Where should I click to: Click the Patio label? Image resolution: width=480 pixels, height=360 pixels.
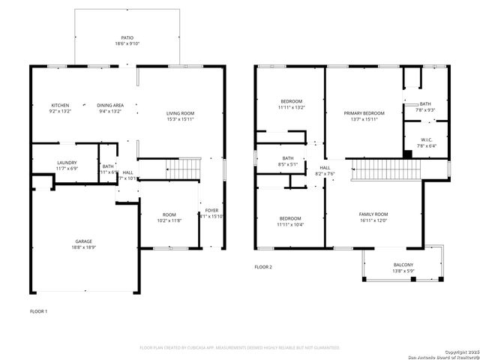[127, 37]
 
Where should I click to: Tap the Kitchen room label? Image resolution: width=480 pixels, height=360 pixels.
[60, 104]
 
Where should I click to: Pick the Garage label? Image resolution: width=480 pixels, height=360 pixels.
[83, 241]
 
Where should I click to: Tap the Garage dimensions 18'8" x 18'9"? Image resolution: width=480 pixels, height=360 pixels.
[83, 247]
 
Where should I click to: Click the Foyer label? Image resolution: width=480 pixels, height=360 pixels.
[212, 211]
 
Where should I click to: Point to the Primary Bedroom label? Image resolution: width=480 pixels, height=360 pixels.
[364, 113]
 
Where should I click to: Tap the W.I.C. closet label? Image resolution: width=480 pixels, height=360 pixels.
[425, 139]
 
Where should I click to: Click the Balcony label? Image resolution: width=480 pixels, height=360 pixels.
[403, 265]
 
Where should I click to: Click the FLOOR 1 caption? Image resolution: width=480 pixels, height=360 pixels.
[38, 310]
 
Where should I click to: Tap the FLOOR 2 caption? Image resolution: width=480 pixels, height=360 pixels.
[262, 267]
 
